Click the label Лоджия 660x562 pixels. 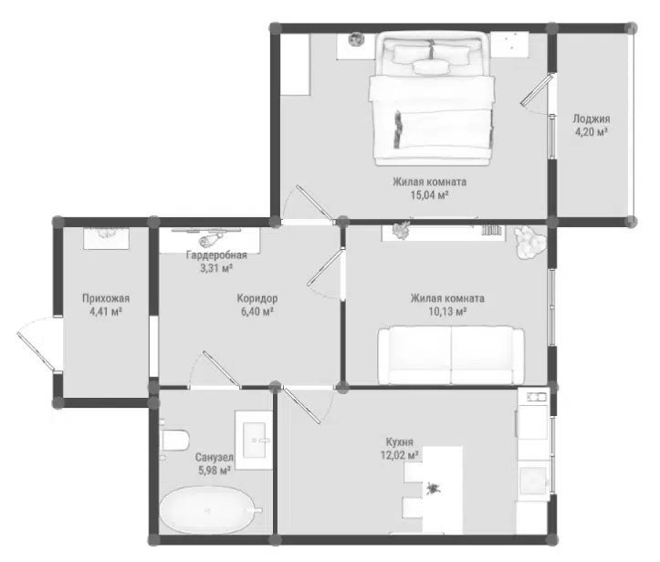[x=591, y=119]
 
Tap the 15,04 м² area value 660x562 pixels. [x=429, y=194]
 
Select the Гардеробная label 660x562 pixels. [x=216, y=255]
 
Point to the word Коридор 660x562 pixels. [x=257, y=298]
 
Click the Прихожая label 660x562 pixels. [x=106, y=298]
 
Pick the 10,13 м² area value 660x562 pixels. [x=447, y=311]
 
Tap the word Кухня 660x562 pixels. [x=400, y=442]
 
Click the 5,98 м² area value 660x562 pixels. [x=215, y=470]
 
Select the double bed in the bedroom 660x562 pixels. [x=432, y=99]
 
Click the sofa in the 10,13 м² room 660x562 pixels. [x=451, y=355]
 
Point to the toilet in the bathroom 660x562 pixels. [x=173, y=440]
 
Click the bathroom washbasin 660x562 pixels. [x=255, y=441]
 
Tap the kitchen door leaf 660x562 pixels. [x=303, y=405]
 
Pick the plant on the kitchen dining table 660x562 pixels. [x=433, y=489]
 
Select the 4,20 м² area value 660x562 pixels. [x=591, y=131]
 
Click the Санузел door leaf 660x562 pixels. [x=222, y=369]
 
